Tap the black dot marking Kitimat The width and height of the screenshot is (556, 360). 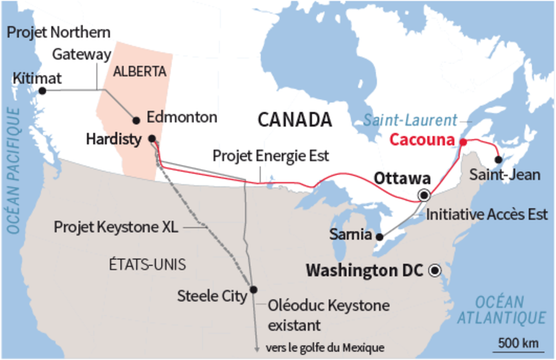click(x=42, y=91)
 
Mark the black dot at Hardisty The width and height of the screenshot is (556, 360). click(x=151, y=139)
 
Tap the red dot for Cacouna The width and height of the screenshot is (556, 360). click(x=463, y=142)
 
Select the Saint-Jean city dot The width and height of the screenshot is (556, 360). click(x=499, y=158)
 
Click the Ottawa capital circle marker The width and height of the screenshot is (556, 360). click(x=424, y=194)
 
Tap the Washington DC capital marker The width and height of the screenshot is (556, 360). click(x=435, y=270)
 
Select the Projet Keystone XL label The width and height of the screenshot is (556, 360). click(x=112, y=227)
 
